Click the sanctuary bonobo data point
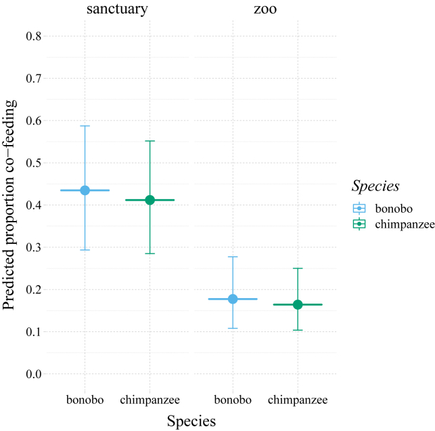coord(85,190)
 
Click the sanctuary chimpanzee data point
coord(150,200)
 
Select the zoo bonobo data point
coord(233,299)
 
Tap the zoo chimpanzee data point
coord(298,305)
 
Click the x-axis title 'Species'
coord(191,421)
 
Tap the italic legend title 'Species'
coord(375,186)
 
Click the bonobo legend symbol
coord(359,208)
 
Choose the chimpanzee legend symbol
coord(359,224)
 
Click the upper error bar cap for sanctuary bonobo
coord(85,126)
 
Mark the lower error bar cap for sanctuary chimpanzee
coord(150,253)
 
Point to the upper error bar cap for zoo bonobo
coord(233,257)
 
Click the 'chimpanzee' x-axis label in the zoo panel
coord(298,400)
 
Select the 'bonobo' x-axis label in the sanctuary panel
coord(85,400)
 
